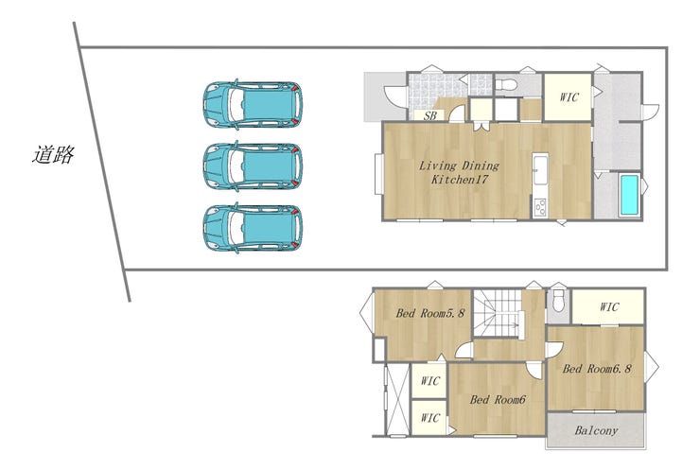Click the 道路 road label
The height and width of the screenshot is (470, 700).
[53, 155]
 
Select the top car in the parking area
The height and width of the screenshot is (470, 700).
[253, 105]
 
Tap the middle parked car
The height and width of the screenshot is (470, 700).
[253, 166]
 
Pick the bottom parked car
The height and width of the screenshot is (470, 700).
[253, 228]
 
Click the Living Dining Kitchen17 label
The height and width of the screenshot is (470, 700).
[459, 172]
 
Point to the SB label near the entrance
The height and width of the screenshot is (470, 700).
[429, 116]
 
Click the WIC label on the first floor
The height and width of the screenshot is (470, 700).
[569, 96]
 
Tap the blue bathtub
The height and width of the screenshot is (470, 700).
[629, 195]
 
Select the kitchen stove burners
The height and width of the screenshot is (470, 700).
[540, 207]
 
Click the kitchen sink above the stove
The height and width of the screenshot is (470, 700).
[540, 168]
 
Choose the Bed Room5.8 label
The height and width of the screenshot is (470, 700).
[429, 313]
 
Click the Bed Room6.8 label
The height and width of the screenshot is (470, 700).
[597, 369]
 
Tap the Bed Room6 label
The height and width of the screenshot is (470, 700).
[498, 399]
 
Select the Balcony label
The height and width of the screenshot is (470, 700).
[596, 430]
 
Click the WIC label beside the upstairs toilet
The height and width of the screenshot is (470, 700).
[609, 307]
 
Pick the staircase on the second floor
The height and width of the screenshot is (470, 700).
[498, 314]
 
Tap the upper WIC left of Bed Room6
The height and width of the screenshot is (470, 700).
[429, 381]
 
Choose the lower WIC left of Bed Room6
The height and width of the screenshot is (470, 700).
[429, 418]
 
